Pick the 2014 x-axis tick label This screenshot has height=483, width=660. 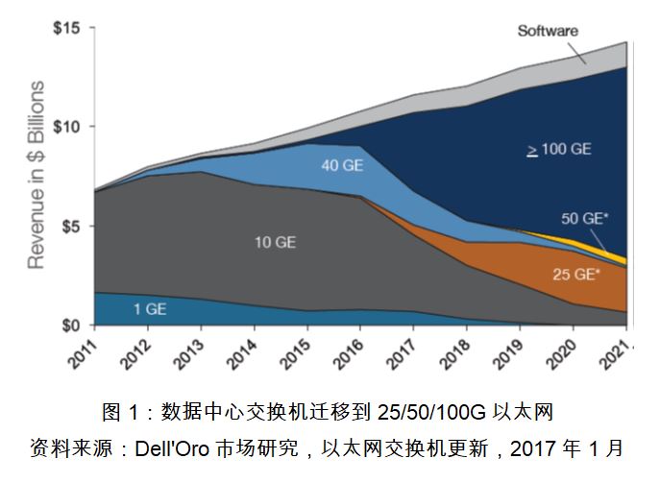click(x=242, y=352)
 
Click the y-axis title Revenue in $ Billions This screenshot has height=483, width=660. click(x=36, y=175)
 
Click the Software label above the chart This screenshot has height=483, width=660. click(x=548, y=31)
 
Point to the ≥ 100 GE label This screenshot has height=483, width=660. click(x=558, y=150)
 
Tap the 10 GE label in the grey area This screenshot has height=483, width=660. click(x=274, y=243)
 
